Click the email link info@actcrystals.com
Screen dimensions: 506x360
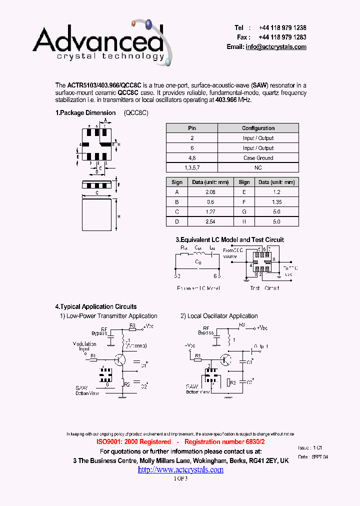275,46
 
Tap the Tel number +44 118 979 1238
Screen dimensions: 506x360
282,28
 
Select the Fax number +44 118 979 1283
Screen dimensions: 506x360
282,37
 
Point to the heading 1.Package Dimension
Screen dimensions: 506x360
85,113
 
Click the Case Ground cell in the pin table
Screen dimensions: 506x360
258,158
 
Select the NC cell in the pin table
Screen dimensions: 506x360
258,168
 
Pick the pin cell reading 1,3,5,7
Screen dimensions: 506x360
192,168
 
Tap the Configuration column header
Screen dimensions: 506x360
258,128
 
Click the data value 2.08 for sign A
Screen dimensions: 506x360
210,192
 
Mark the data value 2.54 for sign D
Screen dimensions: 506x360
210,221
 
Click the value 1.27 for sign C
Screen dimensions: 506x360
210,211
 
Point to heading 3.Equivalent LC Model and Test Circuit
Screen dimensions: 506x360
229,240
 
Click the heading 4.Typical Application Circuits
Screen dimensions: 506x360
96,306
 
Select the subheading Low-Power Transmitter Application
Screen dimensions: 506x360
112,316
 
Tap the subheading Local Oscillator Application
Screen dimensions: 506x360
222,316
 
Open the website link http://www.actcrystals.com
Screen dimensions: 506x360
180,469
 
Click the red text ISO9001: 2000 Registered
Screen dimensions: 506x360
133,442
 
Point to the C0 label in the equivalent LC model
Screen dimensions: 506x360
198,261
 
